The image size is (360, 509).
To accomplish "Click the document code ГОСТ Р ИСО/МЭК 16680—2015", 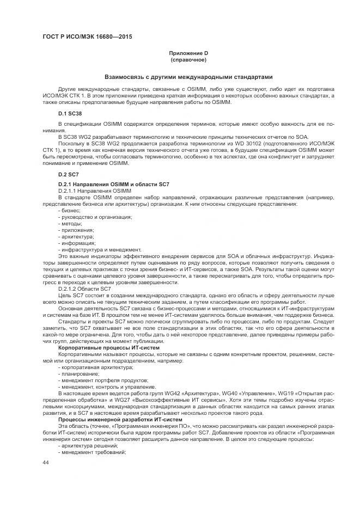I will click(87, 37).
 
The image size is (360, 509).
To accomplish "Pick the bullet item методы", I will click(70, 223).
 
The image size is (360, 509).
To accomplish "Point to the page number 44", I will click(46, 462).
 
